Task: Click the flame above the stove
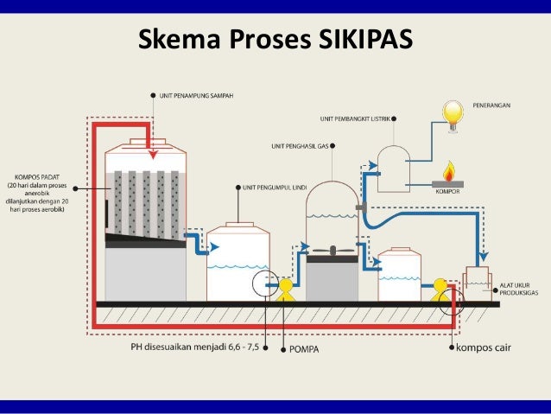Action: [447, 169]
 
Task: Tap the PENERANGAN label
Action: [491, 105]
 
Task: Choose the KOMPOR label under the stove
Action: [447, 193]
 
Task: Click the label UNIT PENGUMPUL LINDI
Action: [276, 187]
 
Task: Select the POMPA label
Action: [307, 349]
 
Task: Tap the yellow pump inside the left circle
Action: [284, 287]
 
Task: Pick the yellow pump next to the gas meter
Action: [441, 289]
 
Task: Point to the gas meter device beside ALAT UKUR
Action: [478, 279]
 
